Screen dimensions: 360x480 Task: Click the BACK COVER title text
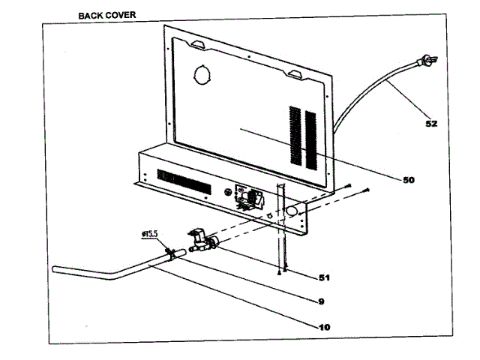[107, 14]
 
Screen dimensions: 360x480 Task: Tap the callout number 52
[431, 124]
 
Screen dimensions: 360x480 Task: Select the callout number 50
[409, 180]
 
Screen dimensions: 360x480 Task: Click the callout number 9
[321, 302]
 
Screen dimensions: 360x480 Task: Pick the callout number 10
[323, 327]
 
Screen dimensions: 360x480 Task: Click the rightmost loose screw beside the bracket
[365, 191]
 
